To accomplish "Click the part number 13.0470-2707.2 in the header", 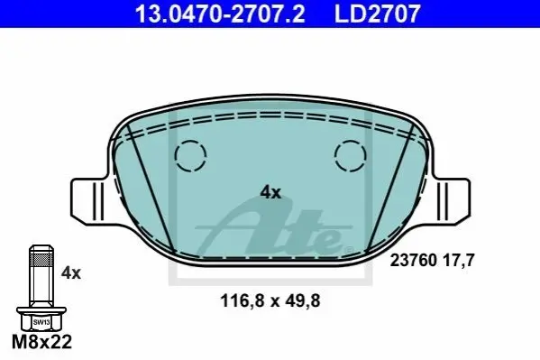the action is (x=220, y=14).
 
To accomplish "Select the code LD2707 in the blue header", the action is (x=378, y=14).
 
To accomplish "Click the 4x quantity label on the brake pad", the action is (x=270, y=192).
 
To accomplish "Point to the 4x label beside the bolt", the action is (x=71, y=273).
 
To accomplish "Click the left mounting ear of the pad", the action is (x=89, y=202).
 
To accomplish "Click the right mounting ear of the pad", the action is (x=451, y=202).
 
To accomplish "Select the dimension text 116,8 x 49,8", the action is (x=270, y=300).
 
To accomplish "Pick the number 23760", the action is (x=413, y=261).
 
